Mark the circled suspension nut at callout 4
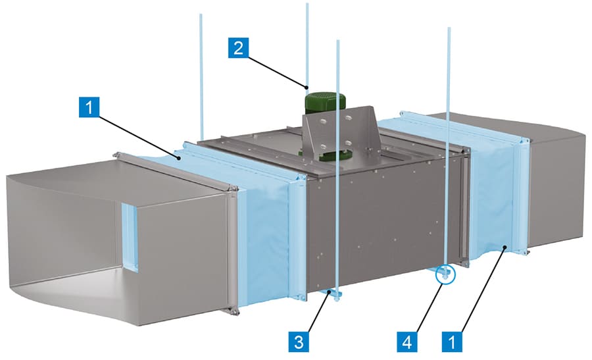(x=445, y=273)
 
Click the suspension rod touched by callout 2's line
(x=307, y=46)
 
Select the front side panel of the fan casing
(x=382, y=224)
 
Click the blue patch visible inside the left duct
(x=130, y=237)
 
